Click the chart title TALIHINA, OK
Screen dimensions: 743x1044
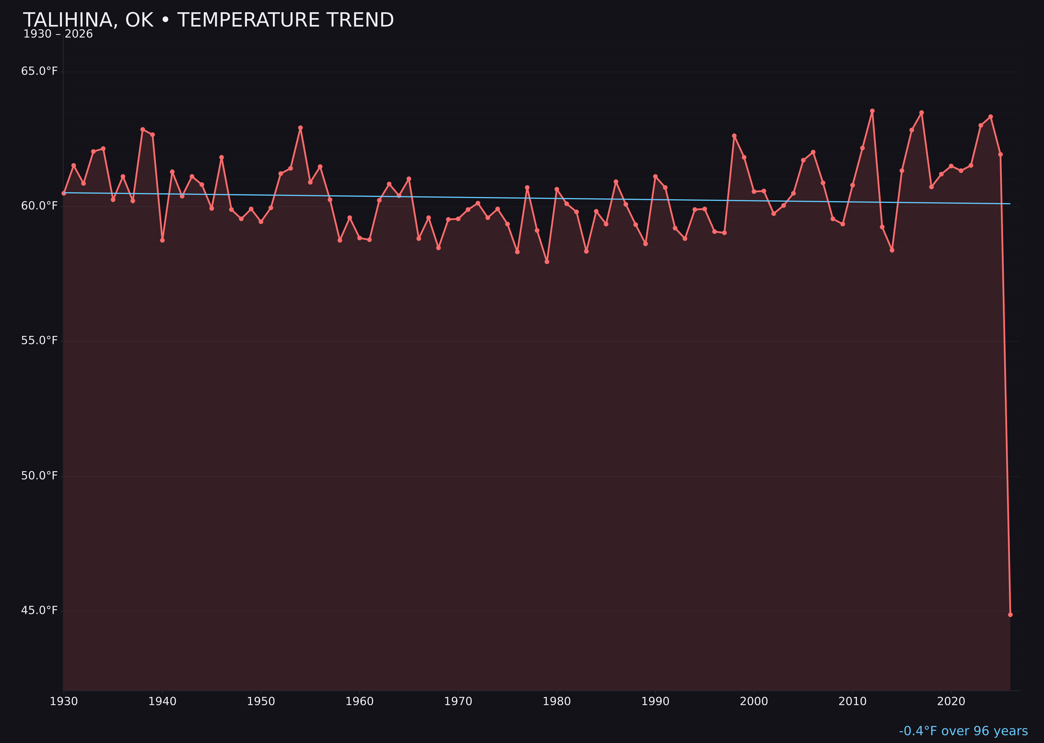[208, 20]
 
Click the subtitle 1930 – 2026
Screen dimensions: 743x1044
[58, 34]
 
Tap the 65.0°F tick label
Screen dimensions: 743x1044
[39, 71]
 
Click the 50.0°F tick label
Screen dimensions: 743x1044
[39, 476]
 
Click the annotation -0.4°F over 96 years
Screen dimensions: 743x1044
[963, 731]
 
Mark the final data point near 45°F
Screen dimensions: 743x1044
[1010, 614]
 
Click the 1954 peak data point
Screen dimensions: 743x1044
[300, 128]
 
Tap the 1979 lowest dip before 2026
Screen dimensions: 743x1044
[547, 262]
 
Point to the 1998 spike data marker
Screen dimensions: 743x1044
[734, 136]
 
